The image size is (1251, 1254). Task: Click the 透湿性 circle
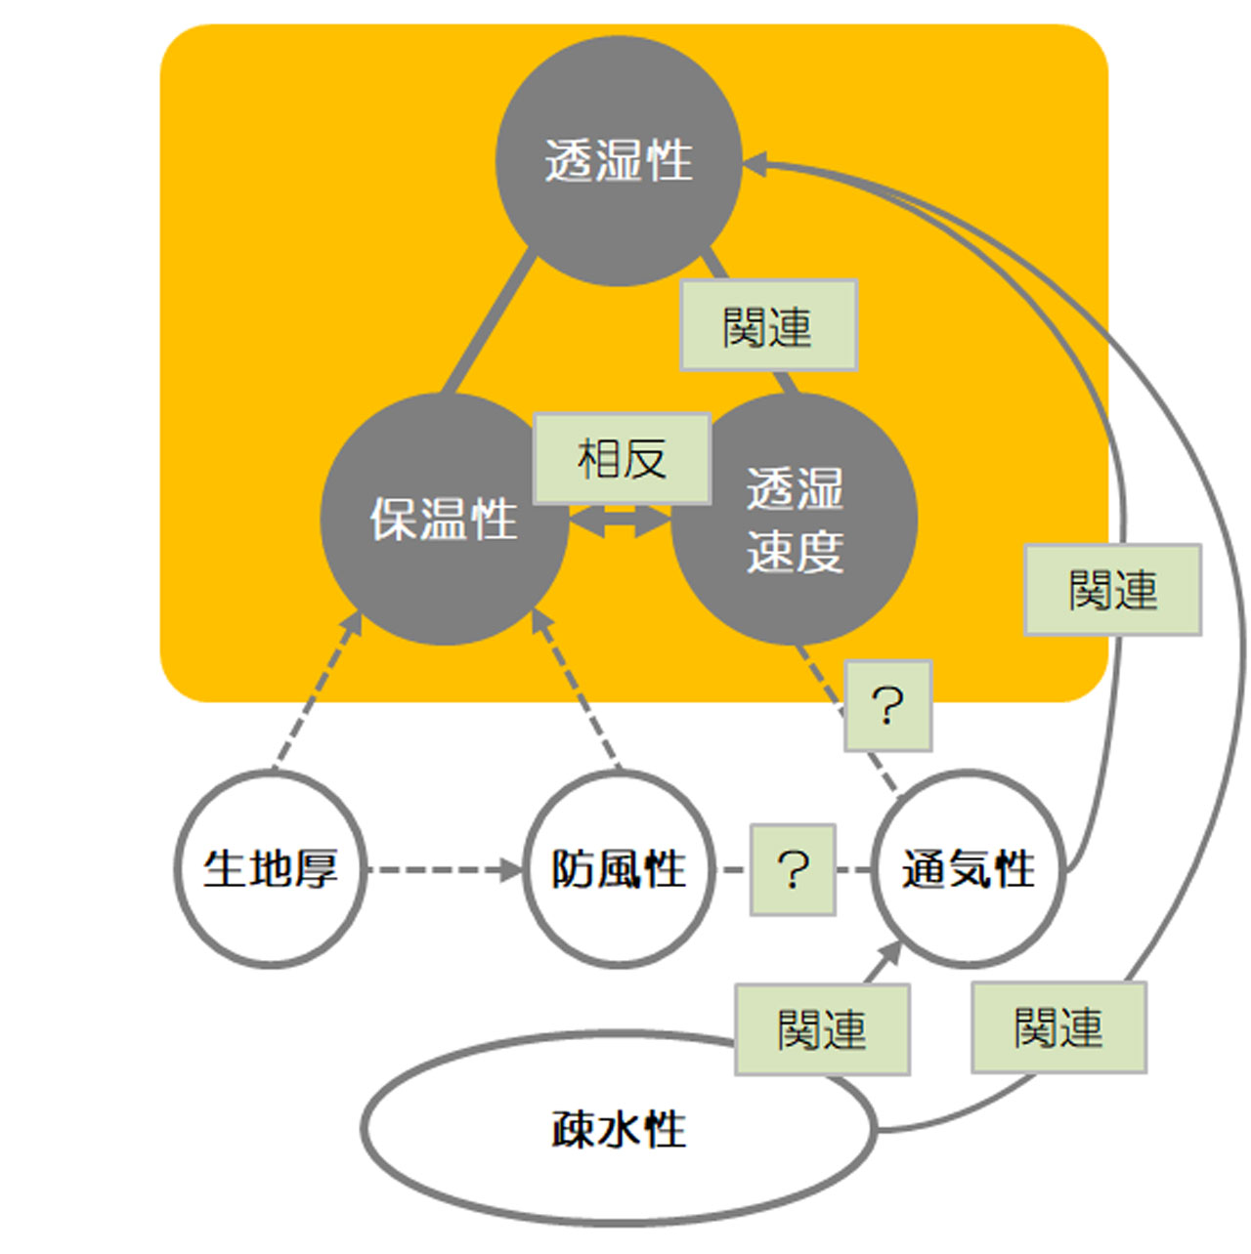[618, 161]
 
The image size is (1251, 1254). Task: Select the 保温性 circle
[444, 519]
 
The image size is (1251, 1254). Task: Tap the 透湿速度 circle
[794, 519]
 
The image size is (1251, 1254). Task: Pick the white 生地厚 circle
[271, 868]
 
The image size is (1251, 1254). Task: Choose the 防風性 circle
[619, 868]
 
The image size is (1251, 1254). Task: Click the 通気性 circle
[968, 868]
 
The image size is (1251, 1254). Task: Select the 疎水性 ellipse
[618, 1129]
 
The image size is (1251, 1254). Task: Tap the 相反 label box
[622, 458]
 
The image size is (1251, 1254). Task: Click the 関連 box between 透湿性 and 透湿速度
[768, 325]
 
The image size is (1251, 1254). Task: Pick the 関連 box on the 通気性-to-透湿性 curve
[1112, 590]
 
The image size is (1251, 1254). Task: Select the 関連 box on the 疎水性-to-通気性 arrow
[822, 1029]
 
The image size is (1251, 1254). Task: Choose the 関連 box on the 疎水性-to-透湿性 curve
[1058, 1027]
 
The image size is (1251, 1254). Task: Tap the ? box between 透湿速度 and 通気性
[887, 705]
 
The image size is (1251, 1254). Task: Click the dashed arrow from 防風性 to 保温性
[577, 689]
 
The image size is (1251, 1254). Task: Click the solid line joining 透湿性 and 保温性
[489, 322]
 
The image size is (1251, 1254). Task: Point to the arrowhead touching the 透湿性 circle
[755, 164]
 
